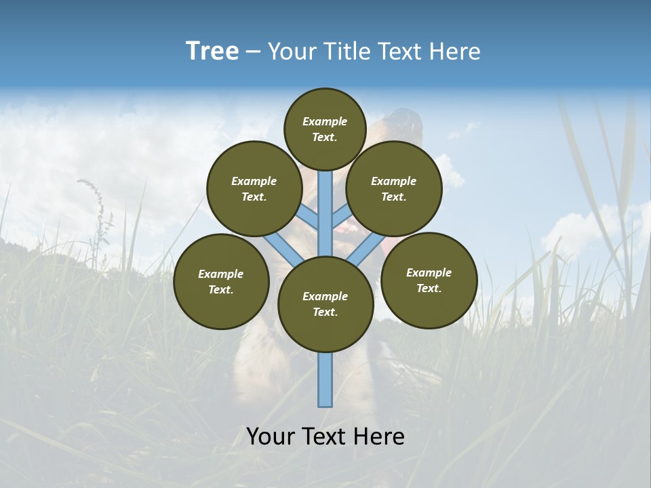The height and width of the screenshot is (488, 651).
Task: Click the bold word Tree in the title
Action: pyautogui.click(x=212, y=51)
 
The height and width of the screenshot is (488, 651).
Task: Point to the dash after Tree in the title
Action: pyautogui.click(x=253, y=52)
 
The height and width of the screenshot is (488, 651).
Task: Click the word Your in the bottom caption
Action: pyautogui.click(x=271, y=436)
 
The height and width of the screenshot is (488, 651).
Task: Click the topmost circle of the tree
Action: pyautogui.click(x=325, y=129)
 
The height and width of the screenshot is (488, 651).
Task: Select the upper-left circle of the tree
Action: pyautogui.click(x=254, y=188)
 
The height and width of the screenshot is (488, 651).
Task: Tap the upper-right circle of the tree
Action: pyautogui.click(x=394, y=188)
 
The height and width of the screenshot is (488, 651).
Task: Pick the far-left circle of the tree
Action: pyautogui.click(x=221, y=281)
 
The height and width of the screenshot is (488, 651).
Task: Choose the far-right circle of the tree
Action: pyautogui.click(x=429, y=280)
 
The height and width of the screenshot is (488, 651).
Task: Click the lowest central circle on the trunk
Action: pyautogui.click(x=325, y=304)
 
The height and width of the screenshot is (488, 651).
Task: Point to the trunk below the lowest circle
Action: pyautogui.click(x=325, y=380)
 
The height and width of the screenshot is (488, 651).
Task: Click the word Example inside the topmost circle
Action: pyautogui.click(x=325, y=121)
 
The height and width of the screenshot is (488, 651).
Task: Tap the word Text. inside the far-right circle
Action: pyautogui.click(x=429, y=288)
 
